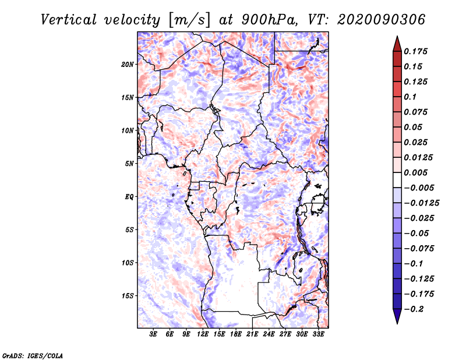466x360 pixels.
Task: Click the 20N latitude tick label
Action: tap(127, 65)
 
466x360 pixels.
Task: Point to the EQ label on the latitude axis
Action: tap(129, 197)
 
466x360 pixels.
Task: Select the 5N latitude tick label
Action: tap(129, 164)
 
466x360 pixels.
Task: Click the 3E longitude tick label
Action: tap(153, 334)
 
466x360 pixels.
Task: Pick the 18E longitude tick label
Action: tap(236, 334)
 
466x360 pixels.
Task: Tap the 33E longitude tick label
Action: tap(318, 334)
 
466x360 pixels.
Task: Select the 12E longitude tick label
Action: tap(203, 334)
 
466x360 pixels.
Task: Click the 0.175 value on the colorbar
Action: tap(415, 51)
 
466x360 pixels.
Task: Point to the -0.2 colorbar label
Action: tap(414, 309)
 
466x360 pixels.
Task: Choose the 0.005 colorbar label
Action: tap(415, 172)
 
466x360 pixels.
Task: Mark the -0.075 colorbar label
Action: tap(419, 249)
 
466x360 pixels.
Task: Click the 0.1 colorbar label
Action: tap(410, 97)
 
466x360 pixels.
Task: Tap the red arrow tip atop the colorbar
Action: tap(397, 36)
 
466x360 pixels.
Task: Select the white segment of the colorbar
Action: tap(397, 180)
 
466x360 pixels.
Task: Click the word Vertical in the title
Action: tap(68, 20)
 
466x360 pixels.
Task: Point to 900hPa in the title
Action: tap(269, 20)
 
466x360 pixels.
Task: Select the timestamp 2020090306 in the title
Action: tap(381, 20)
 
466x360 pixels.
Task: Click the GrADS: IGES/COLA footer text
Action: tap(33, 355)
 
